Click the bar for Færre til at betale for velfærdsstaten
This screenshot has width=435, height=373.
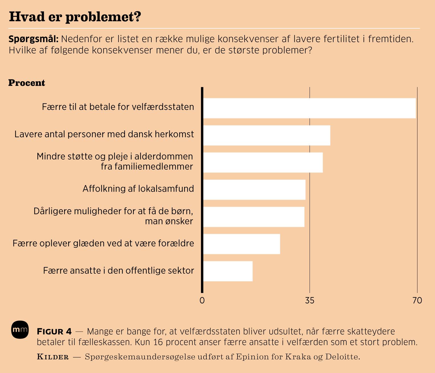click(309, 108)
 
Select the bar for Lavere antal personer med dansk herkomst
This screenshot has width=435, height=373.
click(267, 135)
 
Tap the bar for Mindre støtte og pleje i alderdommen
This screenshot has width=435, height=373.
click(263, 162)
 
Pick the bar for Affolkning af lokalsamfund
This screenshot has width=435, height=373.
click(254, 190)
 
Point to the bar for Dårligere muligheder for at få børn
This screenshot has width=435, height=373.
click(254, 217)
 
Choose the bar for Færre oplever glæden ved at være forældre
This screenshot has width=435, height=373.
click(241, 244)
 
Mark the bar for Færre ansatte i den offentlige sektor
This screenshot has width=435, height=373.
click(228, 271)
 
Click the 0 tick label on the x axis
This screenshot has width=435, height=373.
click(202, 300)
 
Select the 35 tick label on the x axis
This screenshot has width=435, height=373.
click(310, 300)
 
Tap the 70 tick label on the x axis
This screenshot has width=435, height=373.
click(417, 300)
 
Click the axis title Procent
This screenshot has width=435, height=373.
click(27, 83)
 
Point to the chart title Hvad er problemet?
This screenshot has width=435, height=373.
click(75, 17)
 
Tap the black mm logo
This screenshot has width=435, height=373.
click(20, 330)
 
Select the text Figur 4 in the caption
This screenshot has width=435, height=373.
click(54, 331)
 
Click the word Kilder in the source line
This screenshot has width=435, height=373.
click(53, 357)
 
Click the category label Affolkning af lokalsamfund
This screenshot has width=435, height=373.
click(138, 189)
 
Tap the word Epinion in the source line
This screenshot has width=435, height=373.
click(251, 357)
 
